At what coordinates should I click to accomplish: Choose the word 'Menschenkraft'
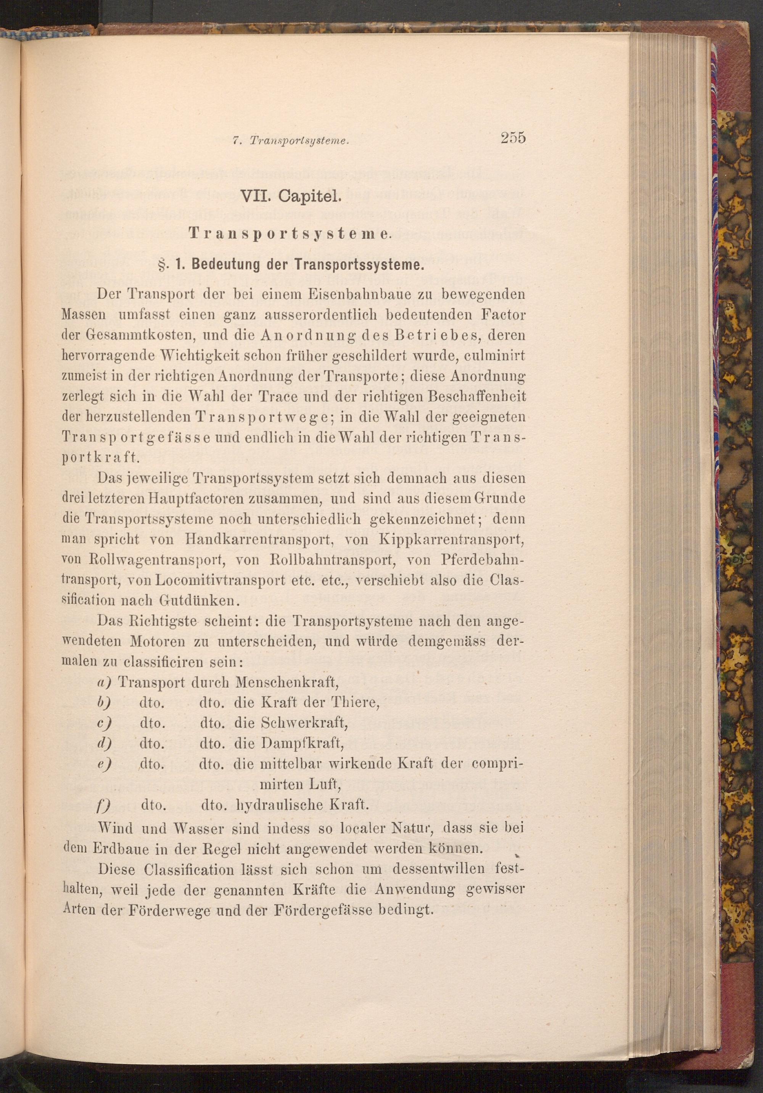coord(286,683)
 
